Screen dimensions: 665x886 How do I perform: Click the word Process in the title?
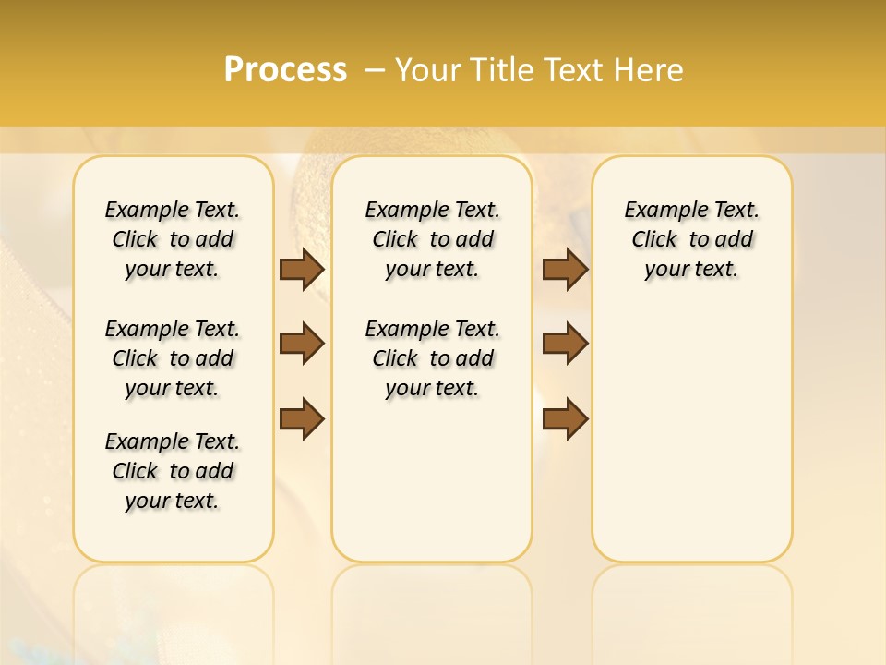tap(285, 69)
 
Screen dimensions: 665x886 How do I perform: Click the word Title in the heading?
tap(503, 69)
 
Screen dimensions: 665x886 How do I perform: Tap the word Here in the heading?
tap(650, 69)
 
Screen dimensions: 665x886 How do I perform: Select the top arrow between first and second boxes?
tap(302, 269)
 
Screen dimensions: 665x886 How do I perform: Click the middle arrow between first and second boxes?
tap(302, 345)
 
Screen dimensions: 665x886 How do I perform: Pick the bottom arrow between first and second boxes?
tap(302, 419)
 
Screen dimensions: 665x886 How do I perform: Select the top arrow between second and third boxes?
tap(565, 269)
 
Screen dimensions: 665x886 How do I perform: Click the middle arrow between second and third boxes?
tap(565, 345)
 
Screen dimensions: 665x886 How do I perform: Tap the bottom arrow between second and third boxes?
tap(565, 419)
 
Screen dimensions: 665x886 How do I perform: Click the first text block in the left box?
tap(173, 239)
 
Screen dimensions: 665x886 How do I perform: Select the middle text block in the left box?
tap(173, 358)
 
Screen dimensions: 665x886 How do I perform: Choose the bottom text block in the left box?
tap(173, 471)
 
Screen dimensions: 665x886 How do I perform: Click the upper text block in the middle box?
tap(433, 239)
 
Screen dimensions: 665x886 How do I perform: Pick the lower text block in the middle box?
tap(433, 358)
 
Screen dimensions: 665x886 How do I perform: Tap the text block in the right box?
tap(692, 239)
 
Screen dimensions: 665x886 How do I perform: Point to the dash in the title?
tap(375, 69)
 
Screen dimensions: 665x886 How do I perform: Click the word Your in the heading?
tap(430, 69)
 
